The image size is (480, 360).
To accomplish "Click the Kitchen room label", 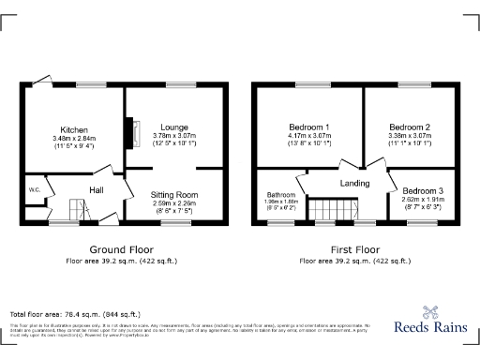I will coord(75,129).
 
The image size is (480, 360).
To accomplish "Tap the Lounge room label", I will coord(174,127).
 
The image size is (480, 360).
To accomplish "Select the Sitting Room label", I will coord(174,194).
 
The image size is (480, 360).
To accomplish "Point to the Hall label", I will coord(96,189).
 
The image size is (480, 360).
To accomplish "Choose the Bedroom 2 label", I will coord(409,127).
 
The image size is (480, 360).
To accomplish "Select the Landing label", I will coord(354,183).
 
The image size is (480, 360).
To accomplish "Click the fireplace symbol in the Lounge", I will coord(133,128).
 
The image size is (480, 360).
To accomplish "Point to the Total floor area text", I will coord(75,313).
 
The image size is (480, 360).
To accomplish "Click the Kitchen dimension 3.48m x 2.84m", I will coord(75,139).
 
